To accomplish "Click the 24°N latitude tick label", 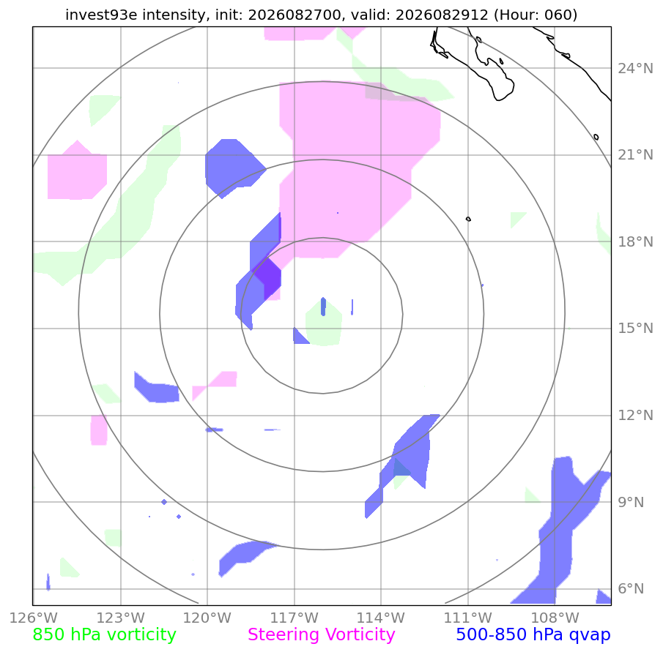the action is [x=635, y=68].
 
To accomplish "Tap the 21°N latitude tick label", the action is [x=635, y=155].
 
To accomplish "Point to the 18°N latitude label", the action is [x=635, y=241].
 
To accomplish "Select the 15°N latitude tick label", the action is [x=635, y=328].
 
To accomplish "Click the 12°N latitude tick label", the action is [x=635, y=415].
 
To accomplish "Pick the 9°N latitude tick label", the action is [x=631, y=502].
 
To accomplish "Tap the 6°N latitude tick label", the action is [x=631, y=588].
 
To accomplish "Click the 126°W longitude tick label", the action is [x=34, y=618].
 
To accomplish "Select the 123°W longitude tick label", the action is [x=120, y=618].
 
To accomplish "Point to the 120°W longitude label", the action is [x=207, y=618].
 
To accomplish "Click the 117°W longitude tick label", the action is [x=295, y=618].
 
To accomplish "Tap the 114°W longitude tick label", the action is [x=381, y=618].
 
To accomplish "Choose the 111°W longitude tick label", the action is [x=468, y=618].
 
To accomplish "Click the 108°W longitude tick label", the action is [x=555, y=618].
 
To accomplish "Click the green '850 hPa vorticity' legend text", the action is [x=104, y=634].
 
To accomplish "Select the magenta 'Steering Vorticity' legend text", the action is [x=322, y=634].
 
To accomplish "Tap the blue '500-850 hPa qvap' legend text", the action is [x=533, y=634].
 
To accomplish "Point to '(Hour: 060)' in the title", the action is [x=536, y=15].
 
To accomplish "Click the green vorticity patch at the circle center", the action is [x=324, y=323].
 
